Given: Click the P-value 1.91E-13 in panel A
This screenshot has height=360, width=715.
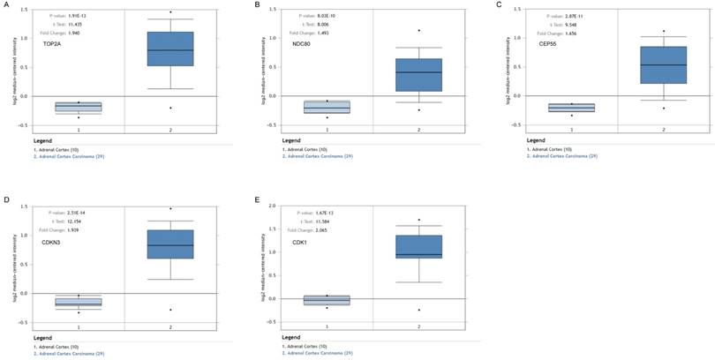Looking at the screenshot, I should click(78, 15).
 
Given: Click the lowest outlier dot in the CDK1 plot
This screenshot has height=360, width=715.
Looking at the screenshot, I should click(418, 310).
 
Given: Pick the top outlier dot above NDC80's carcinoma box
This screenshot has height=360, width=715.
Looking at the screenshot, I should click(418, 31).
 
